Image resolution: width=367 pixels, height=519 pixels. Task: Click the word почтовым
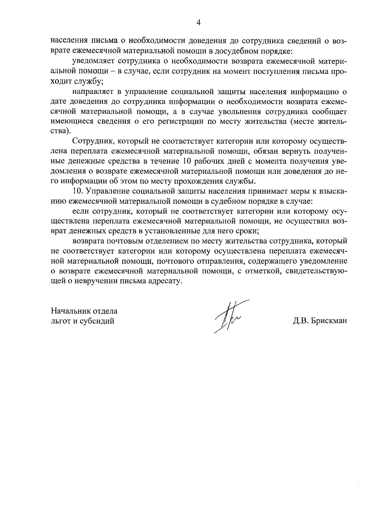(124, 241)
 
